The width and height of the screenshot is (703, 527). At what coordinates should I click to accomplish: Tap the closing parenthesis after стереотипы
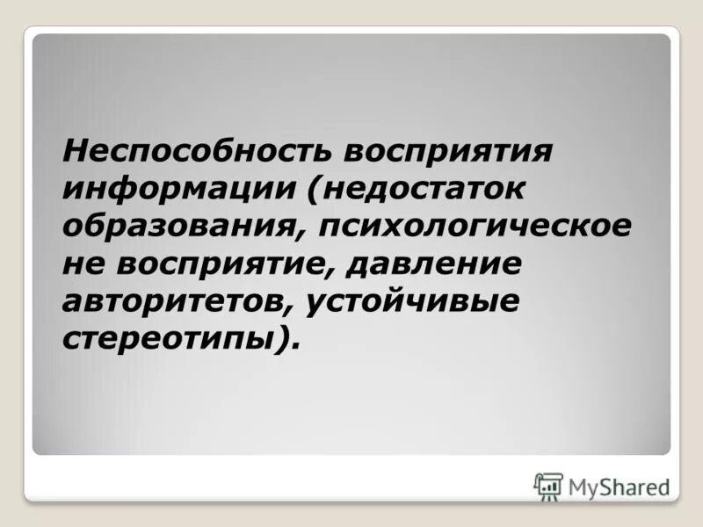280,338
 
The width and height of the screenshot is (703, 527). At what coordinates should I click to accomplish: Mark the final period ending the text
294,345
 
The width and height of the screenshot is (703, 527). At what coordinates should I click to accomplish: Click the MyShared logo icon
547,487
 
